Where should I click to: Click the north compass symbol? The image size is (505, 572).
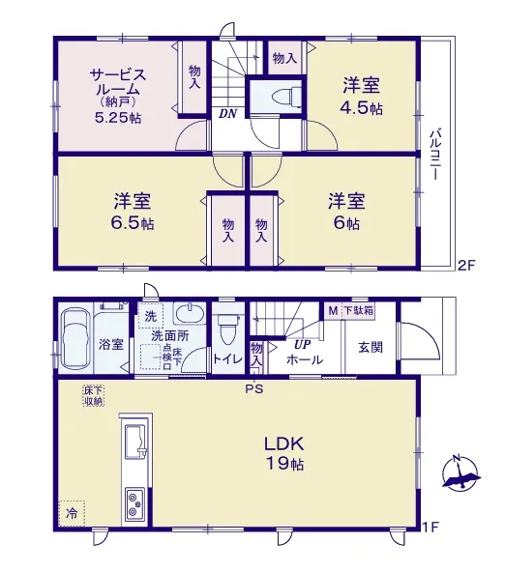pos(460,472)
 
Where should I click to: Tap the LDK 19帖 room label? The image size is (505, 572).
pos(284,453)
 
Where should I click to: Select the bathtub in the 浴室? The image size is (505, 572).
pos(75,339)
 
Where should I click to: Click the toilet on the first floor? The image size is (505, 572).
pos(228,329)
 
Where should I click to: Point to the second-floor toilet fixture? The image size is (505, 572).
pos(286,97)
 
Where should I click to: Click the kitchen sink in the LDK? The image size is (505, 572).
pos(135,443)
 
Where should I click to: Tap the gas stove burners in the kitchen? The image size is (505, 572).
pos(135,504)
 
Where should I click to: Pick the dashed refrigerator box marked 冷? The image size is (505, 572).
pos(72,513)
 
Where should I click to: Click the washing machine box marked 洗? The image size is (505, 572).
pos(151,316)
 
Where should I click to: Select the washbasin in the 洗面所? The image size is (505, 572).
pos(190,313)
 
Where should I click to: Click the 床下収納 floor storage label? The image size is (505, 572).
pos(94,396)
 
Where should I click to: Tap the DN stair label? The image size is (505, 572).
pos(228,113)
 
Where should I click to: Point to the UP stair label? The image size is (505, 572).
pos(303,344)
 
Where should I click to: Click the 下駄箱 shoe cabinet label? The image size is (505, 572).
pos(359,311)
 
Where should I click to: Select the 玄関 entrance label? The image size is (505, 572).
pos(371,347)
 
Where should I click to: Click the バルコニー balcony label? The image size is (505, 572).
pos(435,154)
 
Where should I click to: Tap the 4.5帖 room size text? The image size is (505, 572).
pos(362,108)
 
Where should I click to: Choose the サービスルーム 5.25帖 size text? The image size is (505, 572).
pos(118,118)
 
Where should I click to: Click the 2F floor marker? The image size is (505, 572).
pos(465,265)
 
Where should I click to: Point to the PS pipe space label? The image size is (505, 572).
pos(254,389)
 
